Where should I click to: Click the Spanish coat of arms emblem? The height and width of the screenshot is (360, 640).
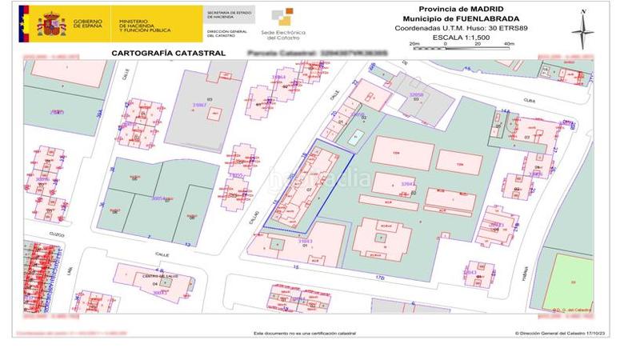[x=52, y=23]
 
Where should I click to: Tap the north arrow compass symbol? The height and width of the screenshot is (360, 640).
[x=582, y=30]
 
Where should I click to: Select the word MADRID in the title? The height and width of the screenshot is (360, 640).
[x=483, y=8]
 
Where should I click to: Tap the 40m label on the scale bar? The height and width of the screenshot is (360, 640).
[x=509, y=44]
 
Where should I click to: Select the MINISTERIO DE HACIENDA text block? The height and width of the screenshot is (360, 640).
[x=143, y=24]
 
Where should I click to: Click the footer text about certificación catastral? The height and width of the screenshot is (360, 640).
[x=305, y=333]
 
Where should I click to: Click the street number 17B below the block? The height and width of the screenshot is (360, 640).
[x=380, y=278]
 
